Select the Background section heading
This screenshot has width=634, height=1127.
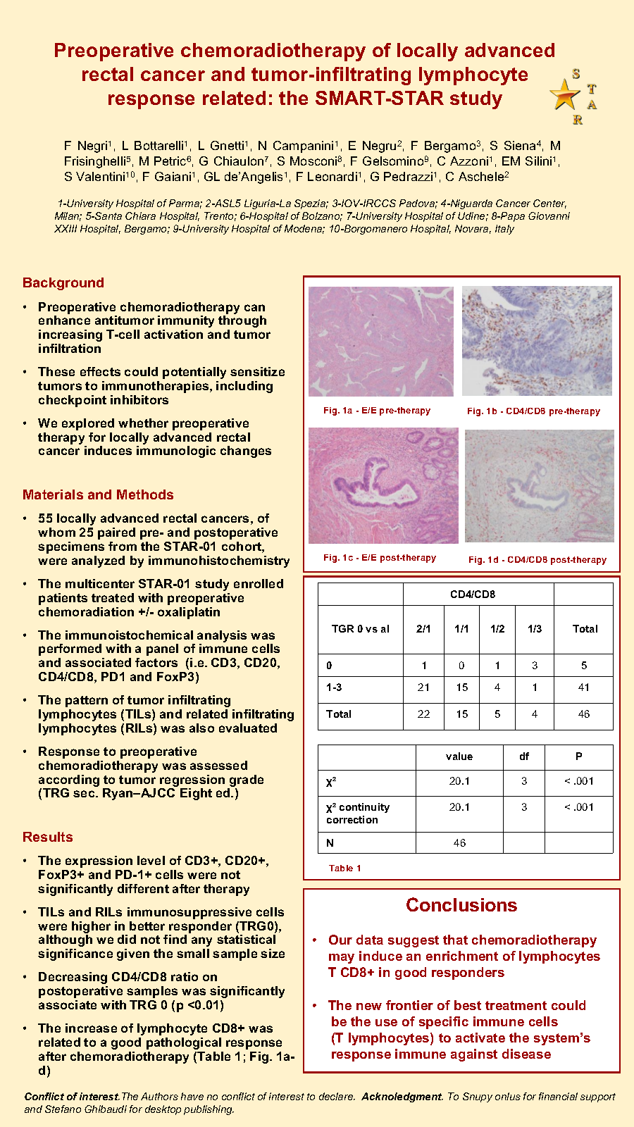click(63, 283)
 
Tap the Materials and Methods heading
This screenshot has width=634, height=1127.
click(98, 495)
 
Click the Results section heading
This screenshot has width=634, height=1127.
click(48, 838)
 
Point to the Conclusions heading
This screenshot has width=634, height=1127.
click(461, 906)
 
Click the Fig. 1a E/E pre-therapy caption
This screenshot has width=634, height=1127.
click(377, 411)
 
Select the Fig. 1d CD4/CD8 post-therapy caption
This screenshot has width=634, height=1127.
click(537, 560)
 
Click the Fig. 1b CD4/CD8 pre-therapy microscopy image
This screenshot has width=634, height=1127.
click(537, 341)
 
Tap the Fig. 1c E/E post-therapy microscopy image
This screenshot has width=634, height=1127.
click(383, 486)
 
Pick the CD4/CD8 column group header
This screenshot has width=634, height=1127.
click(473, 594)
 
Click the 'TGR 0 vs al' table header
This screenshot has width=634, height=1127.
click(361, 629)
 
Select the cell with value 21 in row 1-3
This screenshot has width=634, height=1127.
click(423, 687)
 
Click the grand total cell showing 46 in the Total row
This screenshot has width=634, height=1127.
click(584, 714)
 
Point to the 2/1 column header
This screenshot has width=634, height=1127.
click(423, 629)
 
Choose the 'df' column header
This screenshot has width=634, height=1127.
click(524, 756)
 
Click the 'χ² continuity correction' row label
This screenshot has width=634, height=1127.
click(358, 814)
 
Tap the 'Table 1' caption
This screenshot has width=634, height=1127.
click(345, 868)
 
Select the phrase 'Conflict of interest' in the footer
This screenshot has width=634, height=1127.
click(72, 1097)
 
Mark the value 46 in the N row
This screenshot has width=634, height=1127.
click(459, 843)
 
